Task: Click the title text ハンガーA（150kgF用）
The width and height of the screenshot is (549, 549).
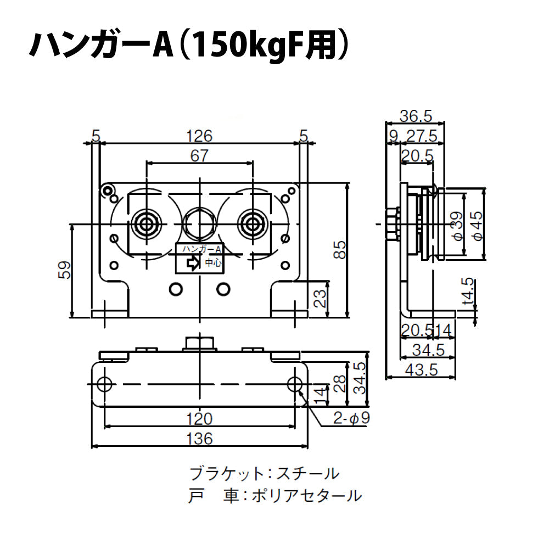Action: click(189, 46)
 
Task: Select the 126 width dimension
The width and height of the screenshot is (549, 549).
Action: click(199, 135)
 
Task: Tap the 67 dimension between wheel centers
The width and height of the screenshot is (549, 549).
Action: click(199, 156)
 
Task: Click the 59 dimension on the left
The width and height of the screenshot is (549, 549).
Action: click(65, 270)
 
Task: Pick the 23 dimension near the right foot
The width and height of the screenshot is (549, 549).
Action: click(321, 298)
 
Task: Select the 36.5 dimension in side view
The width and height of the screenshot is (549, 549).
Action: click(416, 116)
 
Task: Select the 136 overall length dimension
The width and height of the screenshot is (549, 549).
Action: click(199, 439)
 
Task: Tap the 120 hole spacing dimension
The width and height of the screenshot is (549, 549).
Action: click(199, 419)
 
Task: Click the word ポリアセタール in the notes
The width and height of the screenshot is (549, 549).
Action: click(306, 496)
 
